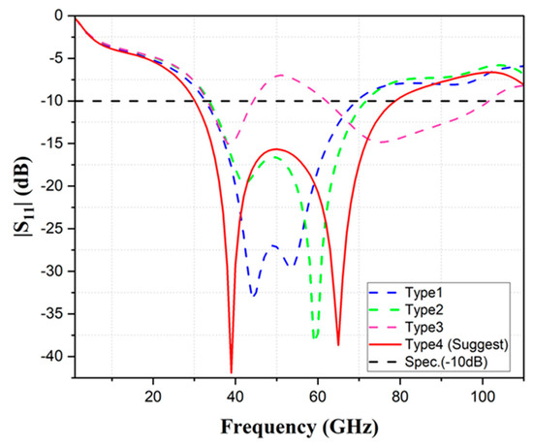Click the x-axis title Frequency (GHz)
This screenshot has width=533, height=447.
[x=299, y=426]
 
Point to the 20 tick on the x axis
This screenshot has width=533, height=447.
[x=152, y=397]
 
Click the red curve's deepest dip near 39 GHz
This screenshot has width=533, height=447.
[x=232, y=370]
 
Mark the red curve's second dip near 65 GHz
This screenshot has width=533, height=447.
[x=338, y=344]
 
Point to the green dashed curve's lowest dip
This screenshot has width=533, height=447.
[x=316, y=337]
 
